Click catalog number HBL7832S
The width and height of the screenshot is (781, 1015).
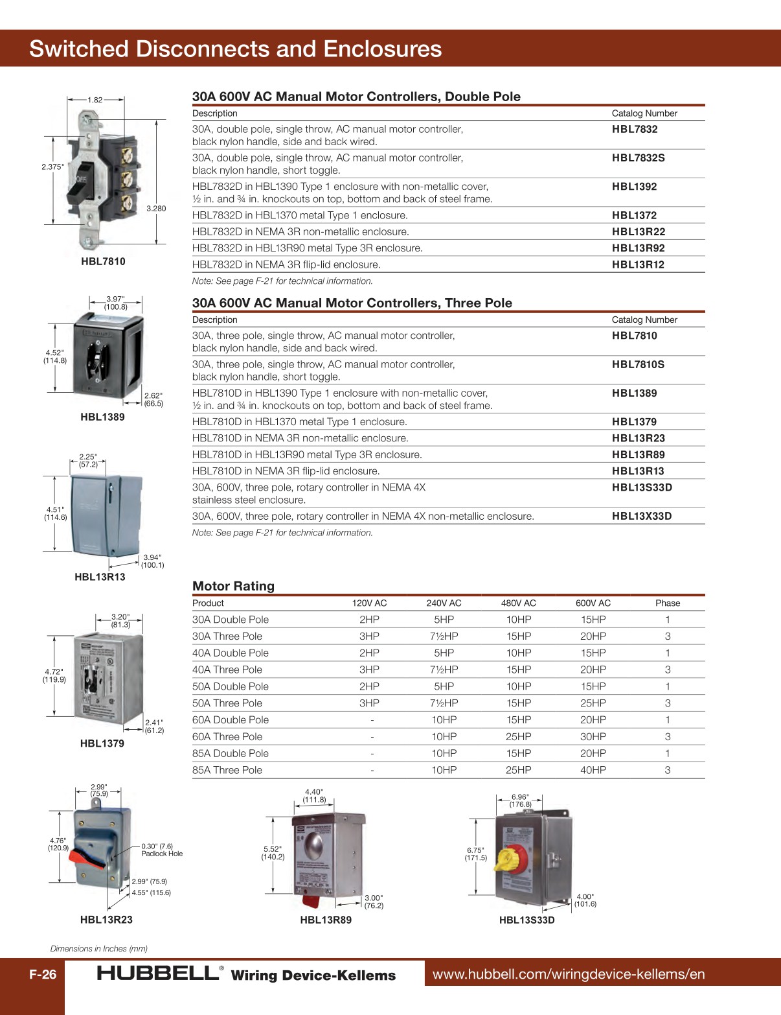coord(638,157)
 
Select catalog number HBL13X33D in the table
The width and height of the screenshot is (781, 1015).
coord(642,516)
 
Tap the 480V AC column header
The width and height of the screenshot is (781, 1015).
coord(518,603)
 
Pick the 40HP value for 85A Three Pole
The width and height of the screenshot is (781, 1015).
coord(593,770)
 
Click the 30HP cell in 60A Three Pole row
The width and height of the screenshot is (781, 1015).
coord(593,736)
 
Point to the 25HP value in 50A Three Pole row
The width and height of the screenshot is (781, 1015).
coord(593,703)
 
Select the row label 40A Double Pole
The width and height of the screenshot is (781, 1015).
coord(230,653)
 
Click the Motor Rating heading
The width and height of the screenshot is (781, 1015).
coord(233,586)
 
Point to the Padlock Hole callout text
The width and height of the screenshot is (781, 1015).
coord(162,854)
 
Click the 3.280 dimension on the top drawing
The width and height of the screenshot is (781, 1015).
coord(156,208)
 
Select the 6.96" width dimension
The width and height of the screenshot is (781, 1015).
coord(520,797)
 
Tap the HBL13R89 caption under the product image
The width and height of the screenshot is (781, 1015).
coord(326,920)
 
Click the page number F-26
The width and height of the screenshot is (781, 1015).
coord(43,974)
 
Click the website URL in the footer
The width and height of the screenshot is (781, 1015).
coord(568,974)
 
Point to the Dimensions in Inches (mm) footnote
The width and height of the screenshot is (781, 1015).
coord(99,948)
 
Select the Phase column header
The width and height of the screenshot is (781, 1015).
coord(667,603)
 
